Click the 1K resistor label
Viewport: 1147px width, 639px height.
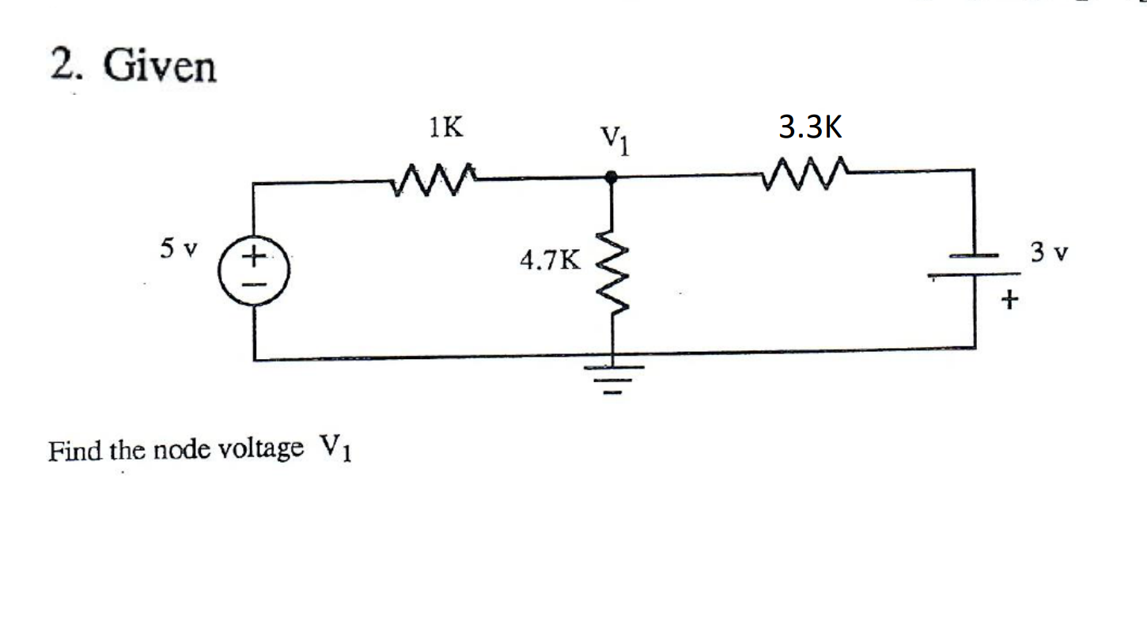click(x=443, y=129)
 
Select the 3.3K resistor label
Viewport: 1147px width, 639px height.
click(x=810, y=127)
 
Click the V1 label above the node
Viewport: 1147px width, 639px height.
click(x=615, y=143)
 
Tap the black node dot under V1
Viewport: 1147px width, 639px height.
click(x=610, y=178)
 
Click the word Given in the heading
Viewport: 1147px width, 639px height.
click(x=160, y=66)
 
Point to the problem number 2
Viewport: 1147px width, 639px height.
click(x=64, y=65)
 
